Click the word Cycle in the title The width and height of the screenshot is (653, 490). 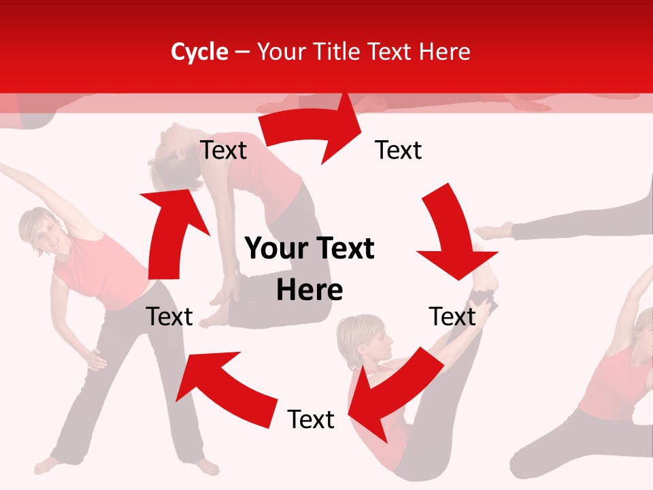click(199, 52)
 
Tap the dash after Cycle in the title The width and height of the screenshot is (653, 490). click(242, 52)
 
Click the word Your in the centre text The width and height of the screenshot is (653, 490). click(275, 249)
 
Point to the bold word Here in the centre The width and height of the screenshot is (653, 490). click(309, 291)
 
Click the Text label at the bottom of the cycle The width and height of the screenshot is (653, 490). click(311, 419)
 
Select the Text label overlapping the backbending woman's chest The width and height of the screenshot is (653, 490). click(223, 150)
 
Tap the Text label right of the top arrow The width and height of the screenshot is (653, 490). click(399, 150)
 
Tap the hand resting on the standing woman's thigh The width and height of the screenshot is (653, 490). click(93, 357)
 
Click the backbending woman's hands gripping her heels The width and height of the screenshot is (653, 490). click(224, 296)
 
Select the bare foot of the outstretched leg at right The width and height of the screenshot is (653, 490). click(493, 231)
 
